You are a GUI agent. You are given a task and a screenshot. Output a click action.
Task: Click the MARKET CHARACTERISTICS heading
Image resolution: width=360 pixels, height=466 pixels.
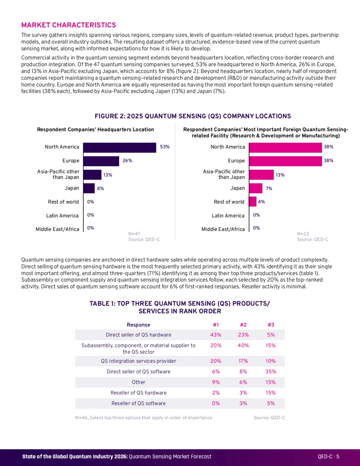pyautogui.click(x=69, y=25)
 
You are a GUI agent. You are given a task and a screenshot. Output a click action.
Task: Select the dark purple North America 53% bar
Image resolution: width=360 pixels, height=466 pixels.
pyautogui.click(x=120, y=148)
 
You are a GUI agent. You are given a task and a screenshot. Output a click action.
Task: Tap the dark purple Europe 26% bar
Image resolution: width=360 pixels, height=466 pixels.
pyautogui.click(x=101, y=161)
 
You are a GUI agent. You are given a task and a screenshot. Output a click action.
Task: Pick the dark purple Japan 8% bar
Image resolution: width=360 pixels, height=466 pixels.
pyautogui.click(x=89, y=188)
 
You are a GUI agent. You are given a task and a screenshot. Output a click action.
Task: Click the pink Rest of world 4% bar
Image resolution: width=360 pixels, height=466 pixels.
pyautogui.click(x=253, y=202)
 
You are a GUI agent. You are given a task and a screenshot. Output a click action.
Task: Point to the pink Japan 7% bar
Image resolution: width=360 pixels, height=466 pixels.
pyautogui.click(x=256, y=188)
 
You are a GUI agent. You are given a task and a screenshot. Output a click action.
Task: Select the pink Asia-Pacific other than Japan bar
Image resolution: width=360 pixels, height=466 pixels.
pyautogui.click(x=262, y=175)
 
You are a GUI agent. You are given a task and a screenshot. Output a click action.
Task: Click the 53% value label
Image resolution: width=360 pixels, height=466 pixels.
pyautogui.click(x=165, y=147)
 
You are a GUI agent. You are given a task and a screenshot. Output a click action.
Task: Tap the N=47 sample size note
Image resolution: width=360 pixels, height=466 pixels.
pyautogui.click(x=134, y=234)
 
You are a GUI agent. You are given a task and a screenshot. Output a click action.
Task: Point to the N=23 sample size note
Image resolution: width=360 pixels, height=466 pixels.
pyautogui.click(x=303, y=234)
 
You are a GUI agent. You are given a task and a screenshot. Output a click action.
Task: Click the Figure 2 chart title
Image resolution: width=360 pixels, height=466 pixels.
pyautogui.click(x=193, y=116)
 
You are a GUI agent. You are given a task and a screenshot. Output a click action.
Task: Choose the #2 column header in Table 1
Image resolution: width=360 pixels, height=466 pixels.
pyautogui.click(x=243, y=325)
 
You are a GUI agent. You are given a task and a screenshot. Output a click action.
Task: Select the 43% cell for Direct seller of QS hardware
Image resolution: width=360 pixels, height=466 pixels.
pyautogui.click(x=216, y=335)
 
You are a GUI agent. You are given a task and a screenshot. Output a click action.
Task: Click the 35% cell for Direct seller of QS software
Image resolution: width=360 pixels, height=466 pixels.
pyautogui.click(x=271, y=371)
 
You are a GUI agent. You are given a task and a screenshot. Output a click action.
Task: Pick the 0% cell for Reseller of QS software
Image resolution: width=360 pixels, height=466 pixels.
pyautogui.click(x=216, y=403)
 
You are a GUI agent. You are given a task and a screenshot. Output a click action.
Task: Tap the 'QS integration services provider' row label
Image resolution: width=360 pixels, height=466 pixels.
pyautogui.click(x=139, y=361)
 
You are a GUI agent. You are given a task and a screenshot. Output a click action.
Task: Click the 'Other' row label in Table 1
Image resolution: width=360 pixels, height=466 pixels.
pyautogui.click(x=139, y=382)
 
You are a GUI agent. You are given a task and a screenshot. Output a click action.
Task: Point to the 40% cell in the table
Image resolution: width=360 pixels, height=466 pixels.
pyautogui.click(x=243, y=345)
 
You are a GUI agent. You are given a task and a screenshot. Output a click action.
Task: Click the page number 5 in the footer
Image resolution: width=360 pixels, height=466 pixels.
pyautogui.click(x=338, y=457)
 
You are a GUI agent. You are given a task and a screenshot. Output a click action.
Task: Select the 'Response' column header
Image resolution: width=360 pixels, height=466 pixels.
pyautogui.click(x=139, y=325)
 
